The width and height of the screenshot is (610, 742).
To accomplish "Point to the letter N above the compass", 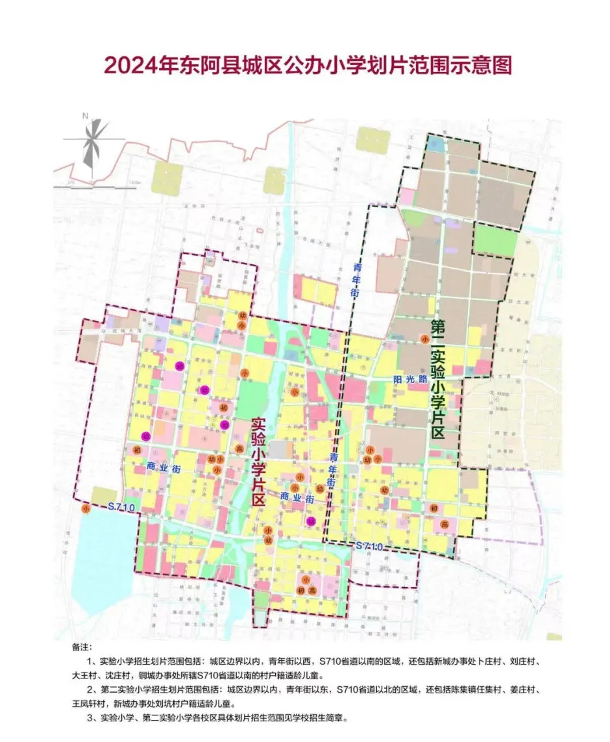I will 85,116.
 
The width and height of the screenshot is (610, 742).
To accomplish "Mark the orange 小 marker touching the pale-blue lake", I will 86,510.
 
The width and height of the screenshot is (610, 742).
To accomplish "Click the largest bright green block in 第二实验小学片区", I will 495,239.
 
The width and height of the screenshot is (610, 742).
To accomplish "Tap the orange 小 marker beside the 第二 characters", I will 424,339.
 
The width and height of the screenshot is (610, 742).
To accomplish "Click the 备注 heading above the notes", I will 83,648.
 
